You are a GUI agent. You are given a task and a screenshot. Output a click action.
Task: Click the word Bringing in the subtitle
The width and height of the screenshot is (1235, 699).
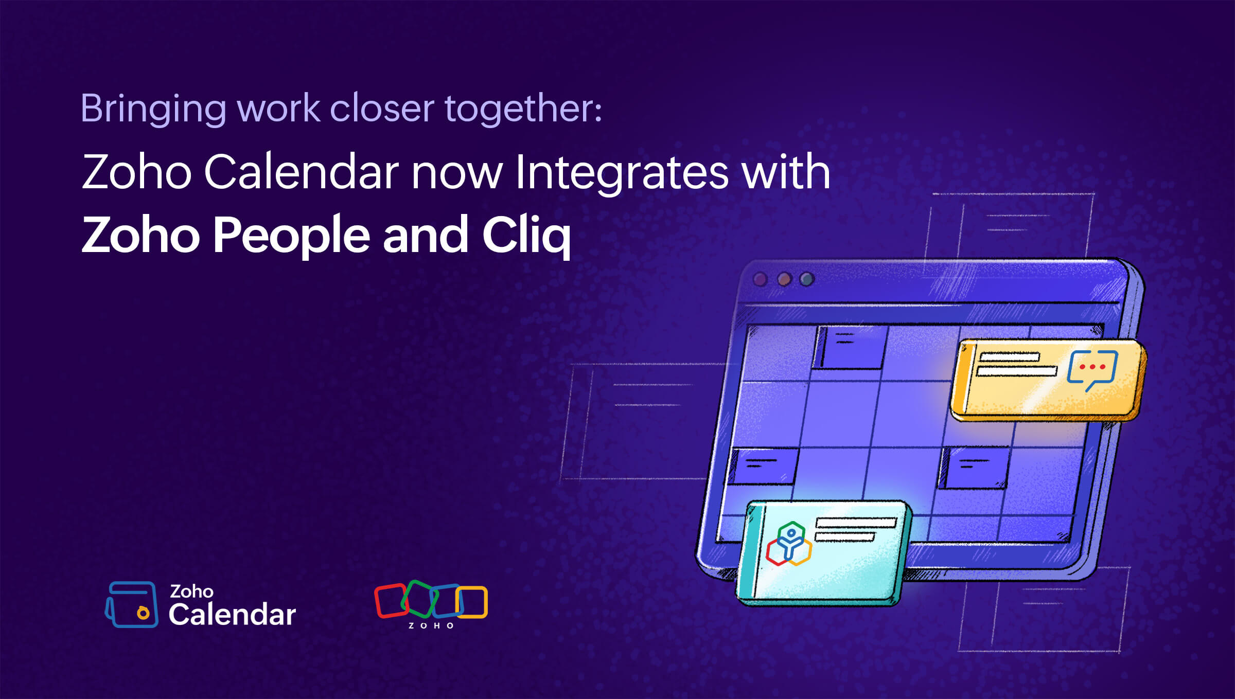point(153,109)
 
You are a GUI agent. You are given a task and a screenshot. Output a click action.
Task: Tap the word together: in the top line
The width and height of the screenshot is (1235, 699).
point(523,109)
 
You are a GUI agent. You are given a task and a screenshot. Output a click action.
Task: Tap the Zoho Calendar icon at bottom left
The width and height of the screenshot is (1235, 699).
point(131,604)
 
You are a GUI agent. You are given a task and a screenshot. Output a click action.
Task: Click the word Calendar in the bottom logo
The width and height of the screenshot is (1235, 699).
point(233,614)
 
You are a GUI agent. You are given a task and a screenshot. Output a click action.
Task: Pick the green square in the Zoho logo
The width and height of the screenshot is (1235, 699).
point(419,599)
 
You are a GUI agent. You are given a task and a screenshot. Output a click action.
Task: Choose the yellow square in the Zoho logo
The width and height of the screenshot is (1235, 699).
point(471,602)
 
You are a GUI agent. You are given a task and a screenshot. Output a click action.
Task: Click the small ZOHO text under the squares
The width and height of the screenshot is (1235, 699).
point(431,625)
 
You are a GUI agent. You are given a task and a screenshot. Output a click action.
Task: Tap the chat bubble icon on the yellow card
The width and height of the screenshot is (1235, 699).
point(1092,370)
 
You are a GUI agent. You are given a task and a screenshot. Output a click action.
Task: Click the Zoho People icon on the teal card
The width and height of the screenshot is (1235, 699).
point(789,544)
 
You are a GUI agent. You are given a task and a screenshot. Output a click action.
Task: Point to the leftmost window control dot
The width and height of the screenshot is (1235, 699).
point(760,279)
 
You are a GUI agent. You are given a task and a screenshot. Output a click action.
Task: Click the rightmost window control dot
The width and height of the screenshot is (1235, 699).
point(807,279)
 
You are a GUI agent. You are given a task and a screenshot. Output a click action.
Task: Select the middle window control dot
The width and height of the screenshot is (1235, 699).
point(784,279)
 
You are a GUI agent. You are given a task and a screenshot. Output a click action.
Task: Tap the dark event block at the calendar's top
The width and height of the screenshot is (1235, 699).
point(850,347)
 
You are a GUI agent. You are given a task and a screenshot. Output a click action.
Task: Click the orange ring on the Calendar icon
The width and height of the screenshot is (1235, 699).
point(143,613)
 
